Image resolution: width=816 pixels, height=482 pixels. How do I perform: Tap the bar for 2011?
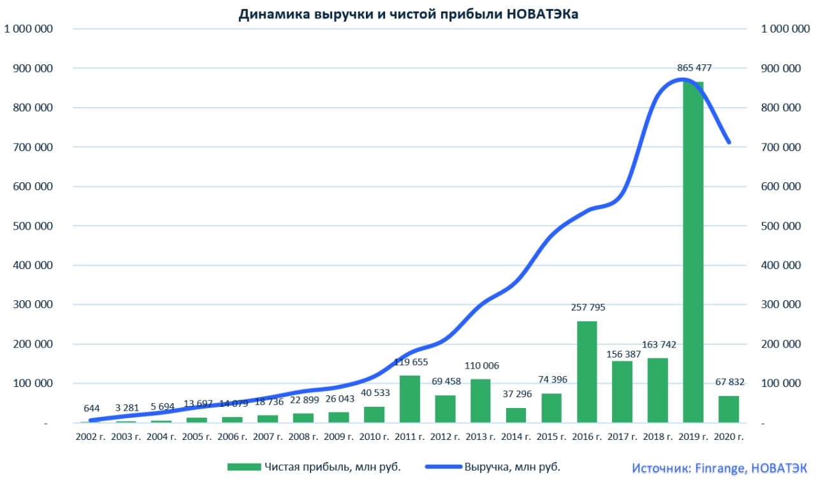point(410,399)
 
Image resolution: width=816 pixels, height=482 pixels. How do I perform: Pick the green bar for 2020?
point(729,409)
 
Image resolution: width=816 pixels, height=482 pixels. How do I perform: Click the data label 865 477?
point(694,68)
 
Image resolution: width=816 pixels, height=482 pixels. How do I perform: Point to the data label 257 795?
point(587,307)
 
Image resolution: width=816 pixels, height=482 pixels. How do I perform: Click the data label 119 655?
point(410,361)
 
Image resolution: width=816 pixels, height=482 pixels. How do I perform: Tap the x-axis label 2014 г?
point(516,437)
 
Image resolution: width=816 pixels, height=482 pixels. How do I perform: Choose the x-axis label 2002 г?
point(91,437)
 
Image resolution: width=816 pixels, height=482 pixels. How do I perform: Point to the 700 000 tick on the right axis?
point(782,147)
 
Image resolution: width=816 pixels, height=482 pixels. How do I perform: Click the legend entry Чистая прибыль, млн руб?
point(331,467)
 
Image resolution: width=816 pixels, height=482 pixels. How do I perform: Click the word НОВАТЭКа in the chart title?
point(543,15)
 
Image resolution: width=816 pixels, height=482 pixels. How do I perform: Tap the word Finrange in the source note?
point(718,468)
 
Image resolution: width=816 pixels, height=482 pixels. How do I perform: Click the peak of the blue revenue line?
point(683,80)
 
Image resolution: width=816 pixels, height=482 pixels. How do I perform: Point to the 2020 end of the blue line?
point(729,142)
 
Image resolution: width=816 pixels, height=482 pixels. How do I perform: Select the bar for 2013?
point(481,401)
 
